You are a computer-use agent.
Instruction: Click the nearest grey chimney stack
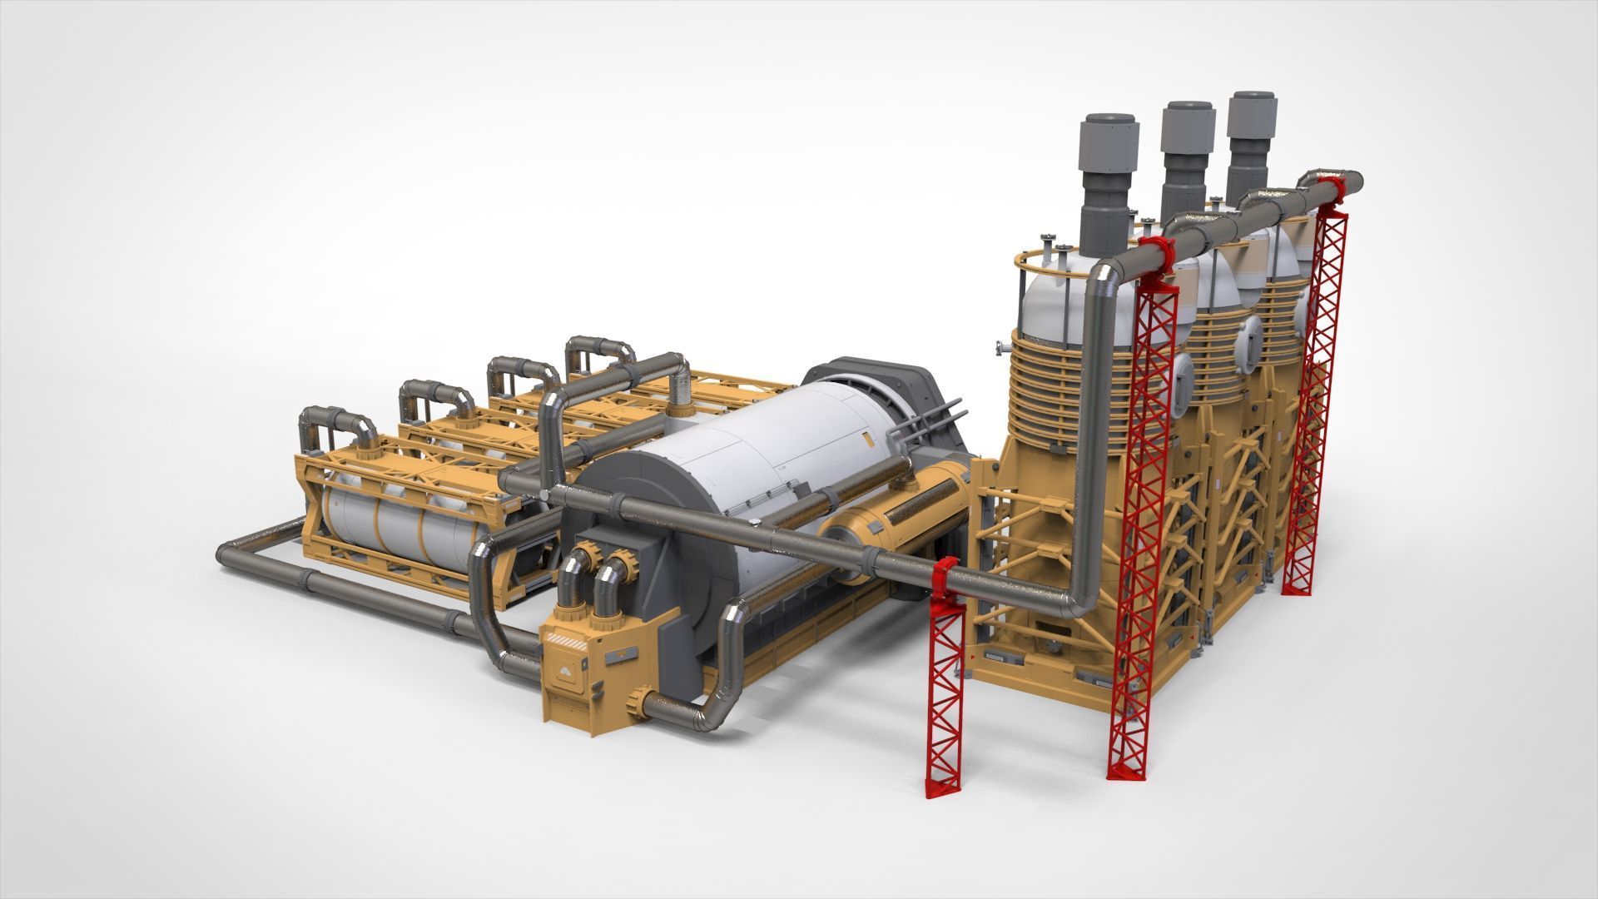1108,191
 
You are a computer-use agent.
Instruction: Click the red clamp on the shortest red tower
945,579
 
